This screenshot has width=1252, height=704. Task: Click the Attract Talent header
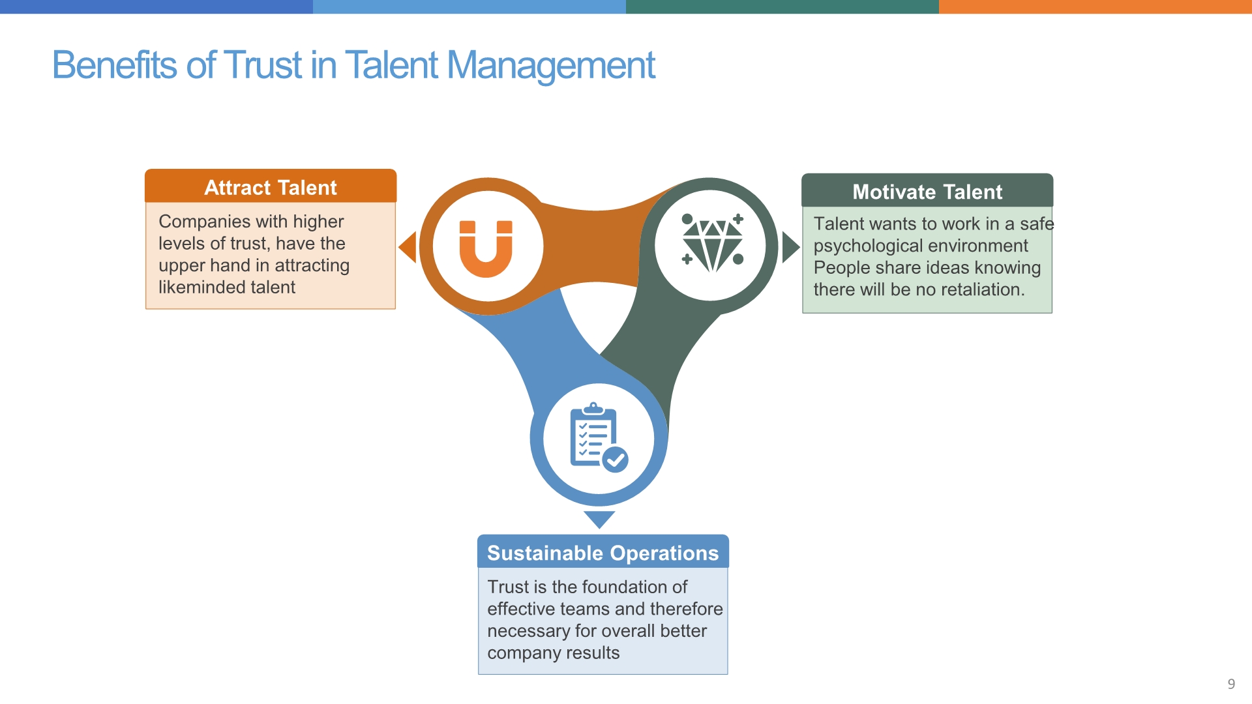[271, 187]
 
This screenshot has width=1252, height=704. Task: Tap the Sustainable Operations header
[603, 553]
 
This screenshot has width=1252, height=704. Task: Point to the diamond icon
[712, 242]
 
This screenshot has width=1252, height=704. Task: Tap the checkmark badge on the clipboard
[615, 460]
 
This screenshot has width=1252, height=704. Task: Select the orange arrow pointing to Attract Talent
[408, 248]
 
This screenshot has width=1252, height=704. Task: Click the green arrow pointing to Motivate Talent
[791, 248]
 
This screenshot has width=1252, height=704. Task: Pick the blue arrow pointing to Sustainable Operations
[599, 520]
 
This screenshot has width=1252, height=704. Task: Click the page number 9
[1231, 684]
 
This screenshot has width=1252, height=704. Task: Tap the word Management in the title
[551, 66]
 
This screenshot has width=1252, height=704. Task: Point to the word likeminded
[203, 287]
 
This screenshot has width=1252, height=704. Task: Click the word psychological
[866, 246]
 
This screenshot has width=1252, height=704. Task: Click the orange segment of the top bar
[1095, 7]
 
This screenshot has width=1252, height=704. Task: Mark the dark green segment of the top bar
[782, 7]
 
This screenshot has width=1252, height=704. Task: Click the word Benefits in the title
[114, 65]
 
